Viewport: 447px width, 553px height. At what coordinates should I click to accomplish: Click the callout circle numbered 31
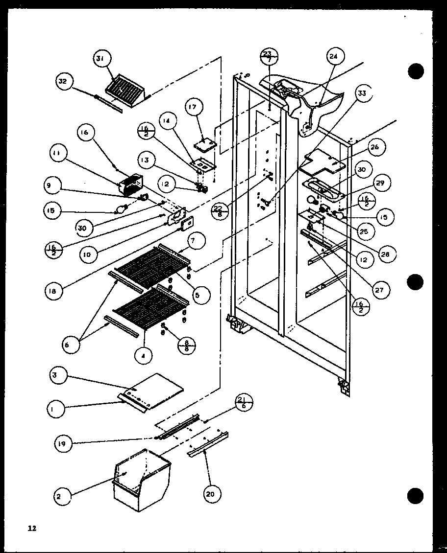tap(100, 60)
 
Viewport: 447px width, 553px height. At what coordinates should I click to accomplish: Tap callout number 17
tap(194, 107)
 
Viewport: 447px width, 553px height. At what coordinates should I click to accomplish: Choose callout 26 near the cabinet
tap(375, 147)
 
